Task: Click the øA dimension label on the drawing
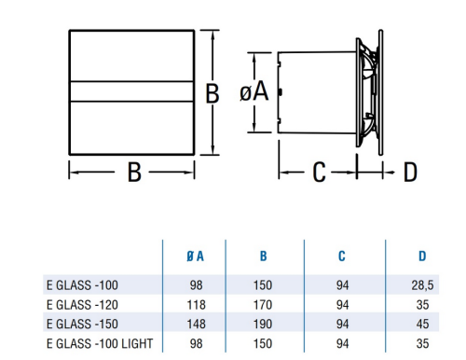254,92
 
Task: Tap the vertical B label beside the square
212,93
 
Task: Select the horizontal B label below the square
134,172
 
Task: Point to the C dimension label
319,172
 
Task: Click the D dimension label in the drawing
410,172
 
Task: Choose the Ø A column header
195,256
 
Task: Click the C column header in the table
342,256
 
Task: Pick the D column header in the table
422,256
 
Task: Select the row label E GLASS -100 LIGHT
100,343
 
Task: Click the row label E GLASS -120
82,305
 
